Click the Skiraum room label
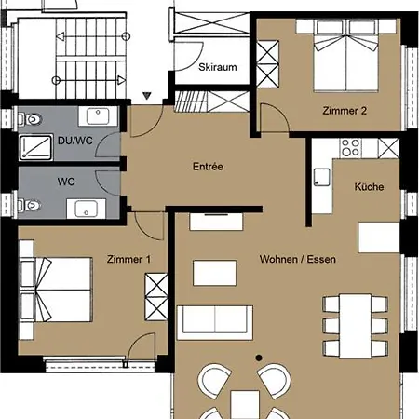(x=218, y=67)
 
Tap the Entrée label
(x=208, y=167)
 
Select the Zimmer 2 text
(x=345, y=111)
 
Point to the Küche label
(x=369, y=186)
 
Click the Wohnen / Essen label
(x=298, y=259)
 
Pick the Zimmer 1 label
(x=128, y=259)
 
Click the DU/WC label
(x=75, y=141)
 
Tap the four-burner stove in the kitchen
(x=351, y=147)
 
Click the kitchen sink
(x=321, y=177)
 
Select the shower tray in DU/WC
(x=36, y=147)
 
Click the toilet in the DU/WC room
(x=31, y=119)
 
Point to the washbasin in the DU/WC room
(x=98, y=116)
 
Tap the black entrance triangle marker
(x=147, y=96)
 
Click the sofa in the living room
(x=215, y=323)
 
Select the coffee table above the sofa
(x=214, y=273)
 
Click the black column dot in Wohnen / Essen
(x=259, y=358)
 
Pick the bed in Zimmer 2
(x=346, y=56)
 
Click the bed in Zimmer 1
(x=56, y=290)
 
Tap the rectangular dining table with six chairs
(x=356, y=326)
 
